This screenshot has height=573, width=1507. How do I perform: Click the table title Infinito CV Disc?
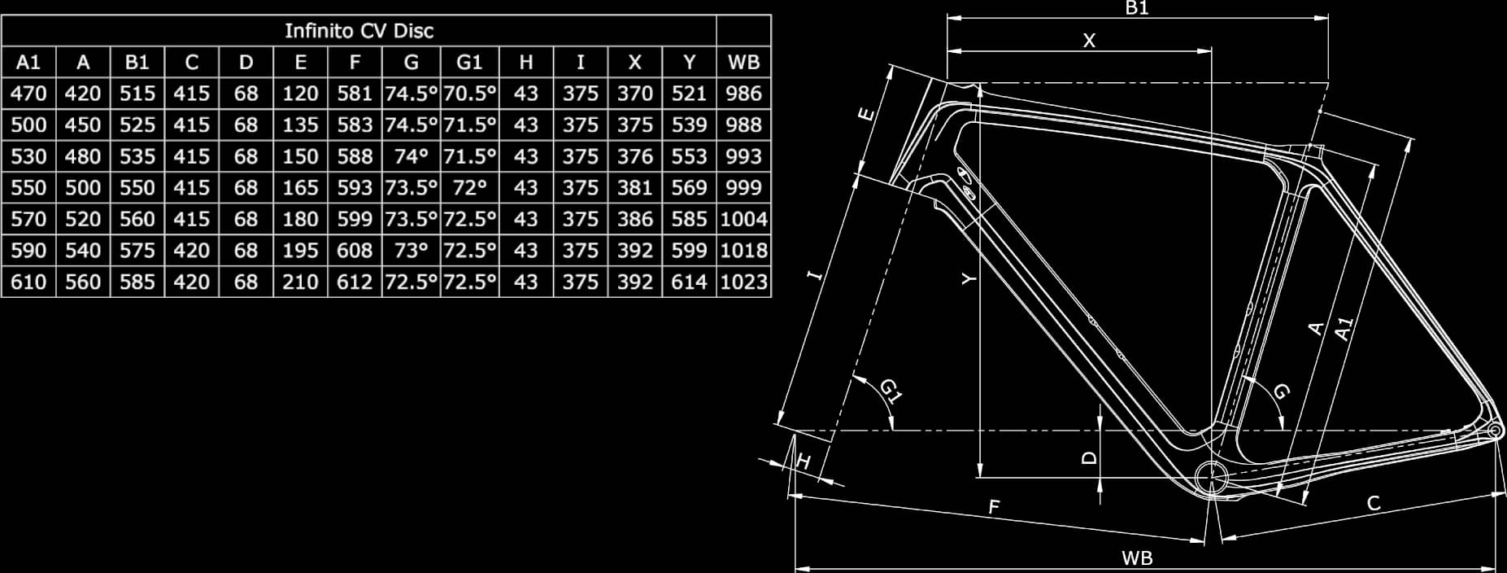coord(359,31)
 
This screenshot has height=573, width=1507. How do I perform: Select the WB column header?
coord(743,62)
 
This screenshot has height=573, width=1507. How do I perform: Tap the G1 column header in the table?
coord(469,62)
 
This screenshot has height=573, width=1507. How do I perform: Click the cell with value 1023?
coord(743,282)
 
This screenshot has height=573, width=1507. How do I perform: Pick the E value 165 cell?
coord(300,188)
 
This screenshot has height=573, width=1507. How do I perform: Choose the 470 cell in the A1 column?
coord(28,94)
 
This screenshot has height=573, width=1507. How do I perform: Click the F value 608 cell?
coord(355,251)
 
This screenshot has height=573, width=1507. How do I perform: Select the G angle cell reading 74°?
coord(411,156)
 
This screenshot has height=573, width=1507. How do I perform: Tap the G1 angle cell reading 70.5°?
coord(469,94)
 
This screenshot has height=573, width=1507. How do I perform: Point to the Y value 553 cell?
coord(689,156)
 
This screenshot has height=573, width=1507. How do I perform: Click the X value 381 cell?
coord(634,188)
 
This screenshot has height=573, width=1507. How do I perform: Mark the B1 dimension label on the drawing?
coord(1136,8)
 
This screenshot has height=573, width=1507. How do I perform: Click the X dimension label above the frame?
coord(1089,40)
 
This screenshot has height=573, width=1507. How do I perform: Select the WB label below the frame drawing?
coord(1136,558)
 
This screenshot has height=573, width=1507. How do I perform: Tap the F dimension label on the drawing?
coord(993,507)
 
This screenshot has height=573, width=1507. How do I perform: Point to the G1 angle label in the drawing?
coord(891,391)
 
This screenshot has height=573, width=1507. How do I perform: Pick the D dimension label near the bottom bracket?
coord(1089,457)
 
